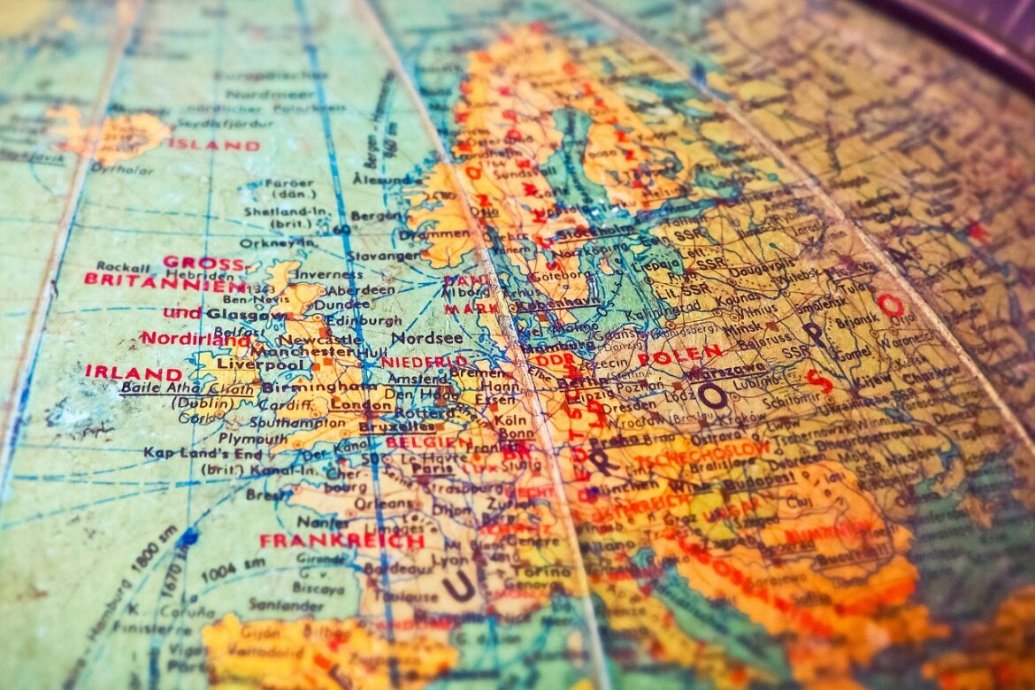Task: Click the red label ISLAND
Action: click(214, 144)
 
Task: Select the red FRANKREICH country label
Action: click(341, 540)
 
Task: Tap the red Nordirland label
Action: click(195, 339)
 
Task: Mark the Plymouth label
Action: click(253, 439)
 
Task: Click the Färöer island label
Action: click(288, 184)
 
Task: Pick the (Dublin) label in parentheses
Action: click(177, 403)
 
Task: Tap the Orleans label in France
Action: click(372, 503)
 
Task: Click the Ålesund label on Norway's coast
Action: click(381, 178)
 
